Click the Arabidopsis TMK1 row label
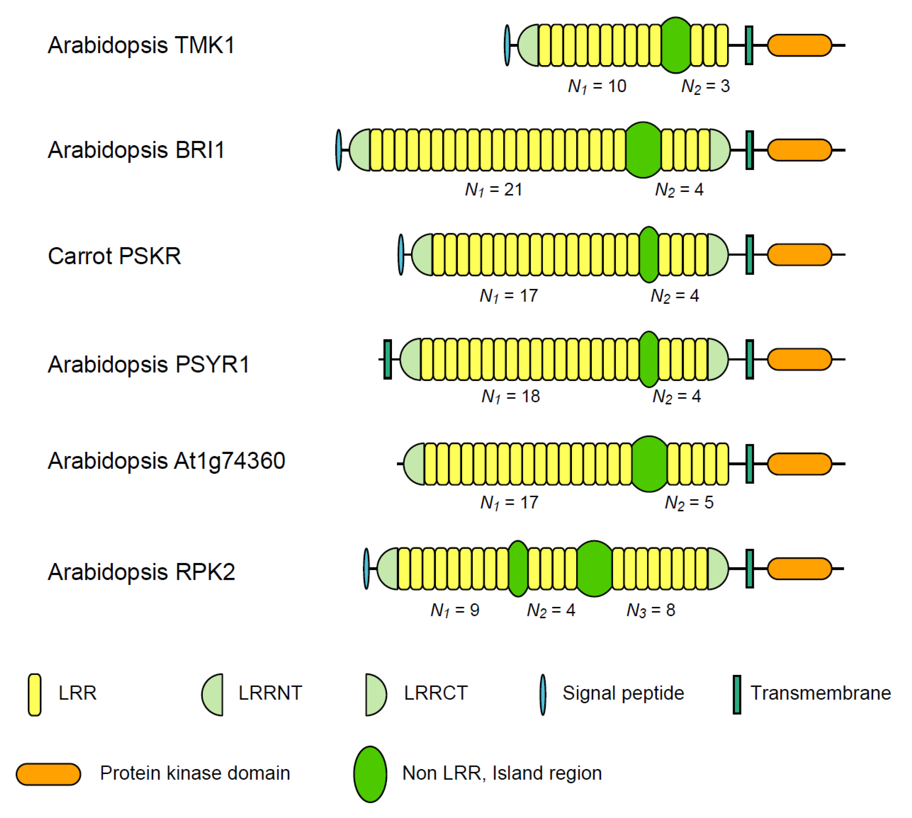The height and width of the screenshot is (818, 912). (x=141, y=45)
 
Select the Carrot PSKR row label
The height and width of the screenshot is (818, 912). (x=114, y=256)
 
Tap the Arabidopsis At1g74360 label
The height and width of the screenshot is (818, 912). (x=166, y=461)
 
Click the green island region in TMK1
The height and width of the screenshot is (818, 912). (x=675, y=45)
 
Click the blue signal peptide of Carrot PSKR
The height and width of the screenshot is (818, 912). (x=401, y=254)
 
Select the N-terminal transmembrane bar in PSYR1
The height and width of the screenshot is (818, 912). (x=387, y=360)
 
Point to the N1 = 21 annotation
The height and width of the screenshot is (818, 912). (x=493, y=190)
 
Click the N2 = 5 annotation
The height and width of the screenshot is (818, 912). (x=689, y=502)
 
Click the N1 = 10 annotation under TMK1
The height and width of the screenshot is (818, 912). (x=596, y=86)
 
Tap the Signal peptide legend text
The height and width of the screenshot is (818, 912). (x=623, y=693)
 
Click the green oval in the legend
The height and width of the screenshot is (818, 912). (x=370, y=774)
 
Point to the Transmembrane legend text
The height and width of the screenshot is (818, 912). (x=820, y=693)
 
